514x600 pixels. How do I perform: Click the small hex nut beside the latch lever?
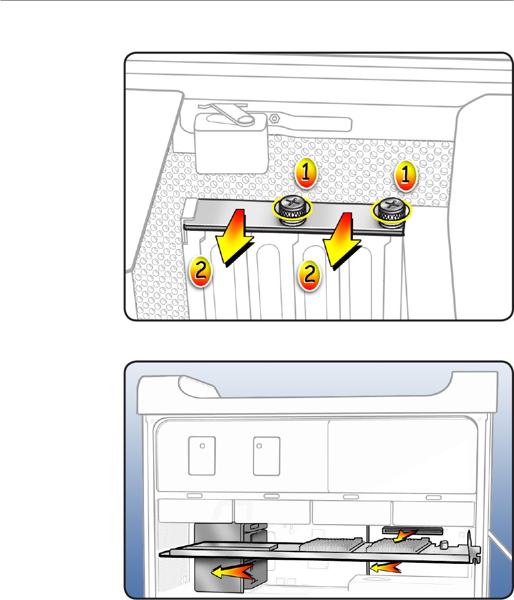(275, 119)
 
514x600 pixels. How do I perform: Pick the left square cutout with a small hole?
(202, 455)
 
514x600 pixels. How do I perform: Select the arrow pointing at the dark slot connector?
(405, 535)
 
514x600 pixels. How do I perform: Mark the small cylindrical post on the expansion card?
(445, 544)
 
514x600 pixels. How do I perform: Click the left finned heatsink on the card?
(331, 542)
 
